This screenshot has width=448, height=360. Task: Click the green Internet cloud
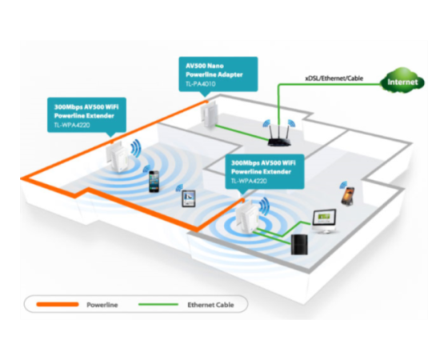click(x=402, y=81)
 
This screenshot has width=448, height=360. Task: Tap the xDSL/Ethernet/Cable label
click(x=334, y=78)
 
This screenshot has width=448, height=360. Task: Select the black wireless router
click(x=279, y=136)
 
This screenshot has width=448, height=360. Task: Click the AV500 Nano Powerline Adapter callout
click(x=218, y=74)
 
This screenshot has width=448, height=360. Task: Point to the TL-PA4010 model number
click(x=200, y=84)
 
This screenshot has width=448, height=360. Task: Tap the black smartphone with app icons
click(x=154, y=182)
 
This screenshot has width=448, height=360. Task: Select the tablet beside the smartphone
click(x=189, y=198)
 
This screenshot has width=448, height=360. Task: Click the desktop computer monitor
click(x=324, y=222)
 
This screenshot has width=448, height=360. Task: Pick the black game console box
click(x=299, y=244)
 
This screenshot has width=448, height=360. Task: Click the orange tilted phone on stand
click(x=348, y=196)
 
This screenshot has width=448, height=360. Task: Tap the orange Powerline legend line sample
click(x=58, y=305)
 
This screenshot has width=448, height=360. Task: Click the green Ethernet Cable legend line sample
click(x=158, y=305)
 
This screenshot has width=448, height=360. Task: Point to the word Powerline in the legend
click(x=102, y=305)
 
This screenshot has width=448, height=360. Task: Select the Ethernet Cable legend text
click(x=210, y=305)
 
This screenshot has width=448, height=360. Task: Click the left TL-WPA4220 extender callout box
click(x=86, y=115)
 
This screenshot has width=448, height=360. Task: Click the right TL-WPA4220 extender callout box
click(x=265, y=171)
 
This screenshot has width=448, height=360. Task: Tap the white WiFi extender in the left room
click(x=118, y=157)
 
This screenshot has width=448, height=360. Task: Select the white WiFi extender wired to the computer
click(x=247, y=217)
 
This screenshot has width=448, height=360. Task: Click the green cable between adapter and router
click(x=242, y=133)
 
